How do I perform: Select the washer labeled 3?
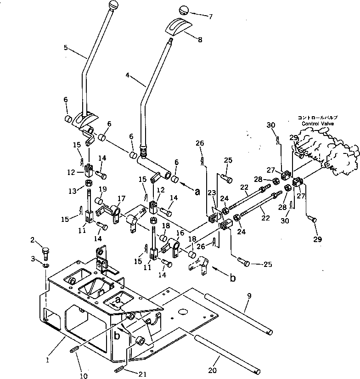pos(46,265)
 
